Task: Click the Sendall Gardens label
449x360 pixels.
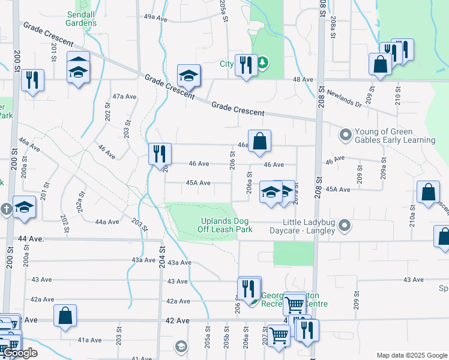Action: pos(82,18)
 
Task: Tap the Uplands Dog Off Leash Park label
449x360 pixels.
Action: pos(226,224)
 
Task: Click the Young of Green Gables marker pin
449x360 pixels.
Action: pos(345,134)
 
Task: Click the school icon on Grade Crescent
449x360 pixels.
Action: pos(188,76)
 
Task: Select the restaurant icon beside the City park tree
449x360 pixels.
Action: pos(246,64)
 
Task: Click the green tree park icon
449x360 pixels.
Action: pos(263,62)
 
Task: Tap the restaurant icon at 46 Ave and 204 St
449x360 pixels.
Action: pos(160,154)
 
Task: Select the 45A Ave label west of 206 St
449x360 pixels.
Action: pos(198,183)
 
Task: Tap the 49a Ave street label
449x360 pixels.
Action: pos(155,19)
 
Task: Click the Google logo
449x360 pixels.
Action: pos(20,353)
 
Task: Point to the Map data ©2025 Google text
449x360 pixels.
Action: pos(411,355)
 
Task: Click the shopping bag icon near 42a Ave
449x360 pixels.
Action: pos(65,316)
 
